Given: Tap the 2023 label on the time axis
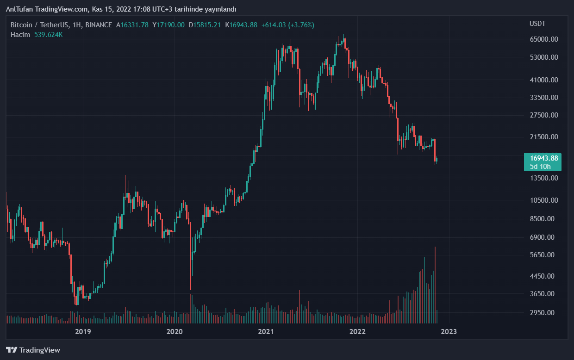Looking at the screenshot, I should point(449,331).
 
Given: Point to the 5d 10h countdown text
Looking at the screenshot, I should point(540,167).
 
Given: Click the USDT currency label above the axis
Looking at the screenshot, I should point(537,24).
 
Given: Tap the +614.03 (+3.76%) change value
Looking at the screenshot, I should point(287,25).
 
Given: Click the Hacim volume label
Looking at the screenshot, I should point(20,35).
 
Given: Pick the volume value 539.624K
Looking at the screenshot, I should point(49,35).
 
